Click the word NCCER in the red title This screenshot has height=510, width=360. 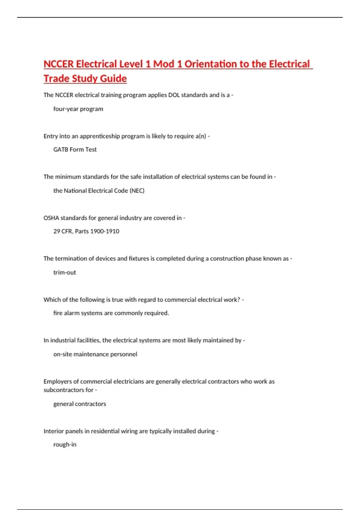58,64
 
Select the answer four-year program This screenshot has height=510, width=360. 78,109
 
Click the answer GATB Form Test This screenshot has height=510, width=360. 75,149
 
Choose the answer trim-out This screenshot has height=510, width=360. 64,272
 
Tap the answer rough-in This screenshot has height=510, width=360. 65,444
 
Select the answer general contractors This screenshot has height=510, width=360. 79,404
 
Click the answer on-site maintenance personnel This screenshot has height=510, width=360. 95,354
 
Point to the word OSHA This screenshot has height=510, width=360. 51,218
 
